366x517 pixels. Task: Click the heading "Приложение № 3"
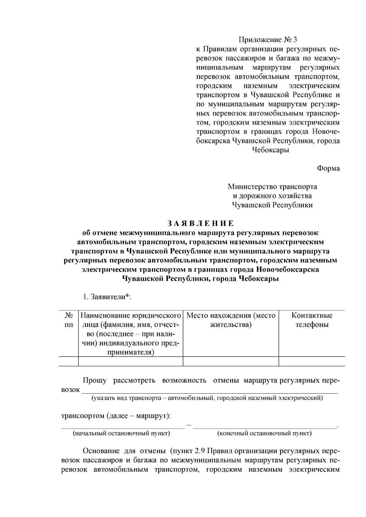267,40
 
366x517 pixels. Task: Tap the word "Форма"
328,168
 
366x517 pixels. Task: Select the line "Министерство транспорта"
272,186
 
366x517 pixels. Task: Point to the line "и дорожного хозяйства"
272,196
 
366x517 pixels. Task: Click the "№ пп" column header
69,320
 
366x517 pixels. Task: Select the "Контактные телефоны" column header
312,320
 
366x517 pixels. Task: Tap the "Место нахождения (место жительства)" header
231,320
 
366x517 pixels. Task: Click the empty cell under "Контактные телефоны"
312,361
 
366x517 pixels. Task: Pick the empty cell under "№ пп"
69,361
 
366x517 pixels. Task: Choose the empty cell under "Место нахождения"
231,361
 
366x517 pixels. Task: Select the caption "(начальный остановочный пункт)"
121,433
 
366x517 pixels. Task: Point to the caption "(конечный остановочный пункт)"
264,433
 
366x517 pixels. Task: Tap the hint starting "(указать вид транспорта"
207,398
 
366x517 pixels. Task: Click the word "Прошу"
95,381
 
